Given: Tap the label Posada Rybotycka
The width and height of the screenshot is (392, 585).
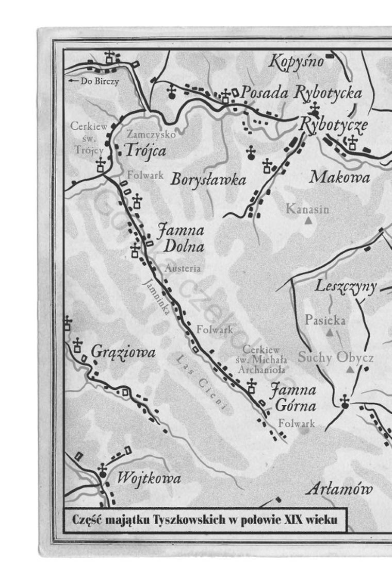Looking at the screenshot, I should click(x=301, y=93).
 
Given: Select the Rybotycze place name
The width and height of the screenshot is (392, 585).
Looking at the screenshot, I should click(x=333, y=125).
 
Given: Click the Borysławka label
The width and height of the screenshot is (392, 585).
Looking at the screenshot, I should click(x=208, y=180).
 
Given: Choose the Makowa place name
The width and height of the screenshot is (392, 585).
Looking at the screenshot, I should click(x=340, y=178).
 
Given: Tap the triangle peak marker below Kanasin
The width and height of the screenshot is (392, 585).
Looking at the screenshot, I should click(x=308, y=221).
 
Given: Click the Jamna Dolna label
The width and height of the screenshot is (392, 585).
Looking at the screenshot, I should click(x=181, y=237).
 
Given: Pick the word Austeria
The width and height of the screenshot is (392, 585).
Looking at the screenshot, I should click(x=182, y=268).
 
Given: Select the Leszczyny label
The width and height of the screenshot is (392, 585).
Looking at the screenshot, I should click(x=346, y=287).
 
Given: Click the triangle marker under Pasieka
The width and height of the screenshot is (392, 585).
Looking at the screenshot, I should click(x=329, y=333).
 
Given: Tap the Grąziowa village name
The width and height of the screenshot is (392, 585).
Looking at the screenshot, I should click(x=123, y=353).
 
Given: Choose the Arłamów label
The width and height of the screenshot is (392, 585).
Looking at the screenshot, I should click(x=338, y=489).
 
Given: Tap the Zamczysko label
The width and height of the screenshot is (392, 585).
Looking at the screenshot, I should click(x=151, y=134).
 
